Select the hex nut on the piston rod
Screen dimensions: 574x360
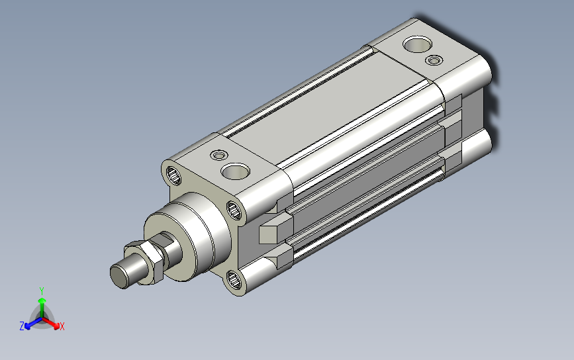tap(144, 262)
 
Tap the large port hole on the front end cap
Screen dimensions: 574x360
tap(236, 171)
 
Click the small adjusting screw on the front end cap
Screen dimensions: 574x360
tap(219, 155)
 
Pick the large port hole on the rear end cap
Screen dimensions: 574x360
tap(417, 44)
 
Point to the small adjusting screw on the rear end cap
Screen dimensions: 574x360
tap(434, 60)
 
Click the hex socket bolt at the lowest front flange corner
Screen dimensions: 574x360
tap(234, 280)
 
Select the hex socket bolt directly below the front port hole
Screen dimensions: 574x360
tap(234, 210)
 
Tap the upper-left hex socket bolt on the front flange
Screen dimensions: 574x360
tap(174, 175)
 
